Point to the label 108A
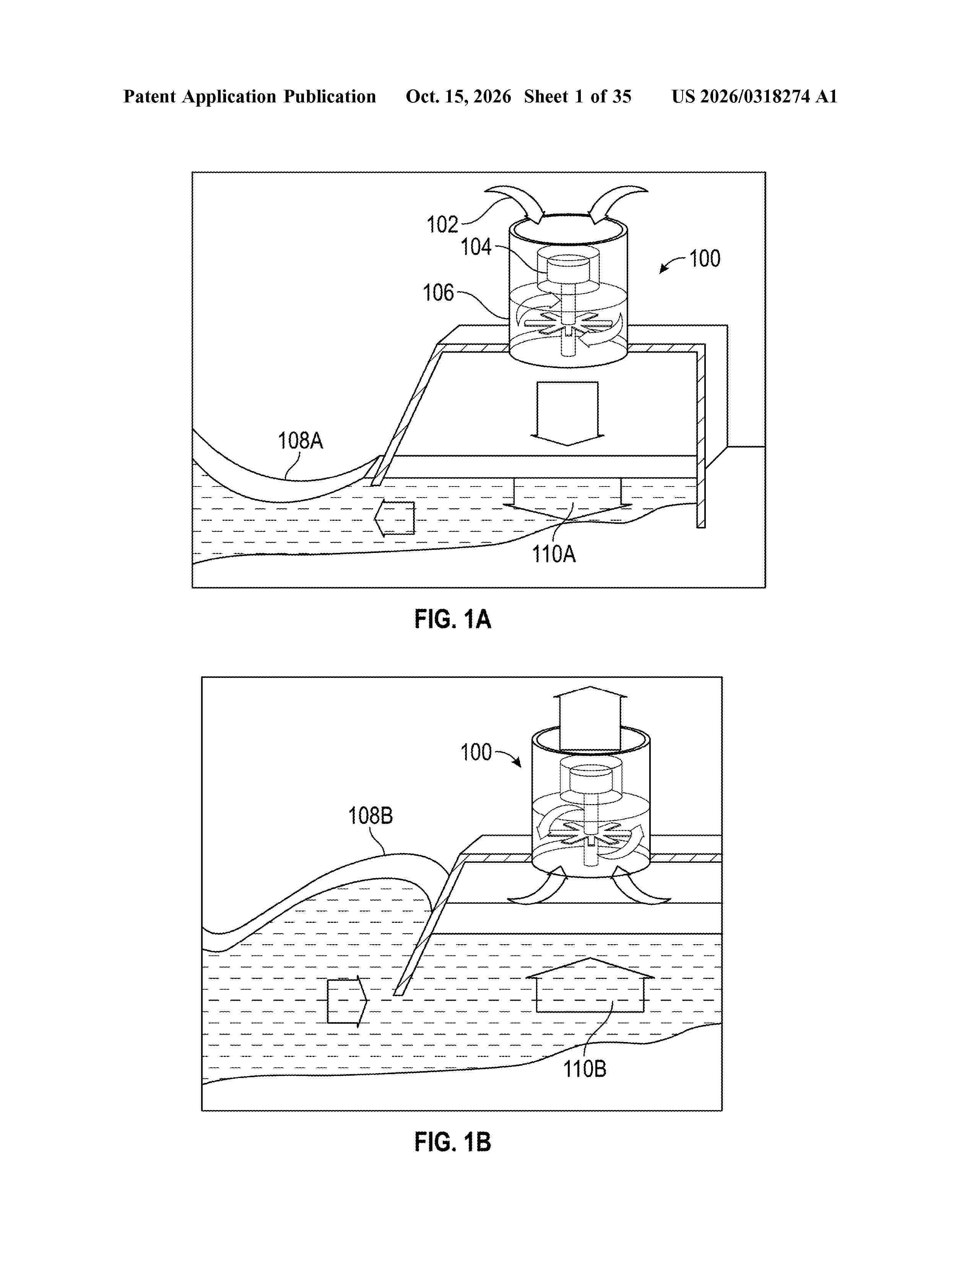(301, 441)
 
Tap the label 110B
(585, 1069)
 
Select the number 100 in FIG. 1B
(476, 752)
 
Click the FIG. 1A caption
(453, 619)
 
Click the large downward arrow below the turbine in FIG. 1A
(567, 413)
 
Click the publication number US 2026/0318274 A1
(754, 96)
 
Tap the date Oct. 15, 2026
(458, 96)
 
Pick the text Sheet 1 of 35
(578, 96)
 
